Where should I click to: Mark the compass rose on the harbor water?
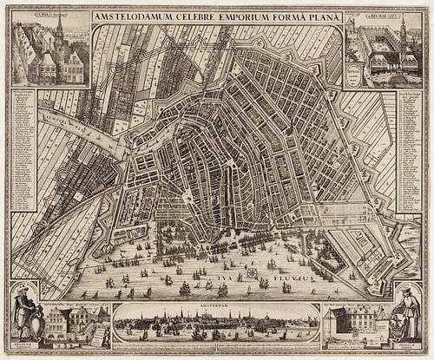(x=253, y=272)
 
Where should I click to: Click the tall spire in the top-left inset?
(x=59, y=35)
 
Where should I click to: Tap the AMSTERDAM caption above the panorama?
(x=217, y=307)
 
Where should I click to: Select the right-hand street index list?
(x=409, y=152)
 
